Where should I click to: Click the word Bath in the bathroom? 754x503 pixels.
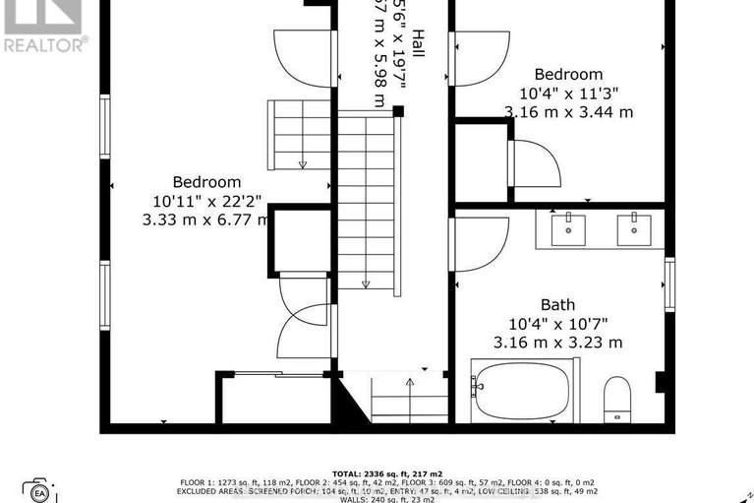[x=557, y=305]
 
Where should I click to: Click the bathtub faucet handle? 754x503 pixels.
[x=478, y=387]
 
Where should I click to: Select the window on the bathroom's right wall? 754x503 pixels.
[x=669, y=285]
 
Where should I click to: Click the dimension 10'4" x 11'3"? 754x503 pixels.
[x=568, y=94]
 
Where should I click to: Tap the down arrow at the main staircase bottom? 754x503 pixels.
[x=366, y=283]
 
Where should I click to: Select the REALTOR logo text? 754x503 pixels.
[x=45, y=43]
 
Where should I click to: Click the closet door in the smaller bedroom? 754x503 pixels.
[x=536, y=163]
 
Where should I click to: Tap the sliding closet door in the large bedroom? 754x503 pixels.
[x=275, y=374]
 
